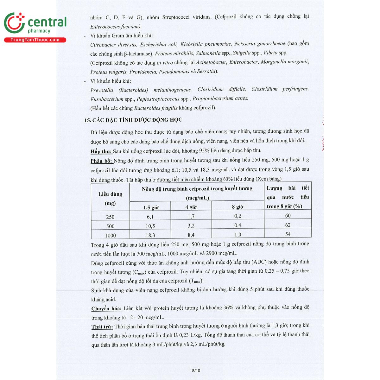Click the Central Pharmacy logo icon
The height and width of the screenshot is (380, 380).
[14, 23]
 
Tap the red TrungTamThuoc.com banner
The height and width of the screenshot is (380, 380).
[35, 40]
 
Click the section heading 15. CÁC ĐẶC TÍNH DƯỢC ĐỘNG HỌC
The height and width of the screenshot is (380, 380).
[133, 120]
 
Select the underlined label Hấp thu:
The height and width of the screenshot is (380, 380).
[101, 151]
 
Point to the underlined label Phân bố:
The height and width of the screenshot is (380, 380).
[101, 161]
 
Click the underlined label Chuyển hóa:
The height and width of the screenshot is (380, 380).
[106, 308]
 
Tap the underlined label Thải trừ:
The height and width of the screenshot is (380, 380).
[102, 327]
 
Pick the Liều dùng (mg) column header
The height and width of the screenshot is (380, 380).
[110, 198]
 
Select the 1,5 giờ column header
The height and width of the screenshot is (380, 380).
[151, 207]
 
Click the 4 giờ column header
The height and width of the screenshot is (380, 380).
[191, 207]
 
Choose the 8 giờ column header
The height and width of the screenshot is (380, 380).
[237, 207]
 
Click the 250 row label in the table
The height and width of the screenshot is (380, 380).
[110, 217]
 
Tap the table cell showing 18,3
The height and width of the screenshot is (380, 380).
[150, 235]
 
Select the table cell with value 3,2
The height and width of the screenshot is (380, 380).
[191, 226]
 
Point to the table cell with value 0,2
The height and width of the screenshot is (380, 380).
[237, 216]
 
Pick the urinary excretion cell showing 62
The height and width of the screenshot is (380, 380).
[288, 225]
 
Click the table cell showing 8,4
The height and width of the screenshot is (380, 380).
[191, 235]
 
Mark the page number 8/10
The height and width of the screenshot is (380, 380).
[196, 370]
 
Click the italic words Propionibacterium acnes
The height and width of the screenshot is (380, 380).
[220, 98]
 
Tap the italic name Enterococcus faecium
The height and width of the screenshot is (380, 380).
[116, 27]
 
